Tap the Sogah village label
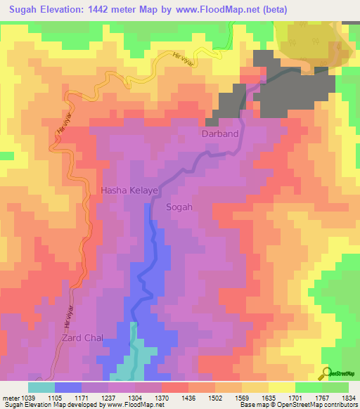(179, 207)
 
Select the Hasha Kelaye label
(129, 190)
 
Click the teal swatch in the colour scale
(41, 387)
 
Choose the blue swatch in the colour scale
(68, 387)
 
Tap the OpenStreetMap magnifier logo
(326, 372)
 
